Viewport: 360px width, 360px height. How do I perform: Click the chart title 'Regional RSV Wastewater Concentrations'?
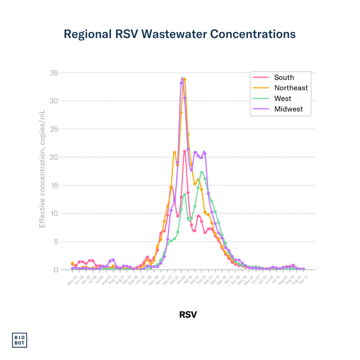pyautogui.click(x=180, y=34)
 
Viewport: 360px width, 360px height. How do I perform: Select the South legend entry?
pyautogui.click(x=284, y=78)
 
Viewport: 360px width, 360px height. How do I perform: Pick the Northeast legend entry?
pyautogui.click(x=291, y=88)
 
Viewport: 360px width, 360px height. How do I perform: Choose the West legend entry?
pyautogui.click(x=283, y=98)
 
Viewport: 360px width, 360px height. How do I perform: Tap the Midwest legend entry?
pyautogui.click(x=288, y=109)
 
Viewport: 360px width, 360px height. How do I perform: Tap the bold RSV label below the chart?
pyautogui.click(x=188, y=314)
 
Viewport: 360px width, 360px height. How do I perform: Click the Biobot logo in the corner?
pyautogui.click(x=20, y=340)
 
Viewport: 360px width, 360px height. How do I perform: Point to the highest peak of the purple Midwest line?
pyautogui.click(x=182, y=78)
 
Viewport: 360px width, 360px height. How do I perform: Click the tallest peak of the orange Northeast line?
pyautogui.click(x=185, y=79)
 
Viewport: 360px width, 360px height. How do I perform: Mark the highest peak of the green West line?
pyautogui.click(x=201, y=172)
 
